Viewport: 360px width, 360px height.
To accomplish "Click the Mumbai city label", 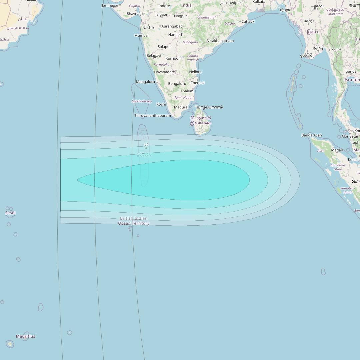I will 141,35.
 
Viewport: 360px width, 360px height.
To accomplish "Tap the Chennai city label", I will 197,83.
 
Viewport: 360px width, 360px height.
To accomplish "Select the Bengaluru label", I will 177,84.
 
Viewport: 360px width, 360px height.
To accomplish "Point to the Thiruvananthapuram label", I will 152,116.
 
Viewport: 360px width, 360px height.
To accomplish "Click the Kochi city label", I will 161,104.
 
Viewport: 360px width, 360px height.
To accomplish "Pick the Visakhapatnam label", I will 220,41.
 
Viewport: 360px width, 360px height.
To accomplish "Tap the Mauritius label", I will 25,336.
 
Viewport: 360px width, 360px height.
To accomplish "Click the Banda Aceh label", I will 311,135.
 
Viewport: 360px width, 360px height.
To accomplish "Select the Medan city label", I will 337,150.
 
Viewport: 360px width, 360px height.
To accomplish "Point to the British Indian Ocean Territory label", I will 134,221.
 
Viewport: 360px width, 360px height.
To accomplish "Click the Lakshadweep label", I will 142,101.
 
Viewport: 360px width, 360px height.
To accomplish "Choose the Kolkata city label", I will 259,2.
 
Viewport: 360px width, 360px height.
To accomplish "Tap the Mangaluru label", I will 145,82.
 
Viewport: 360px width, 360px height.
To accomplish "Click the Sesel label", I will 10,213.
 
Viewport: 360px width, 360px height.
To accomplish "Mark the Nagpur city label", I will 180,16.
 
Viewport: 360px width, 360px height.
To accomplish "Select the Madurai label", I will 181,107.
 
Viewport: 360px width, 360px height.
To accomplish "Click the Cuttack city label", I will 248,22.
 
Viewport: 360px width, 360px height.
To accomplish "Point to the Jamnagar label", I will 110,5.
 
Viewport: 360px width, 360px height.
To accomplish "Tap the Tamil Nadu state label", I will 183,98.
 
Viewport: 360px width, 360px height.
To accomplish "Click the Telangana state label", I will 190,42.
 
